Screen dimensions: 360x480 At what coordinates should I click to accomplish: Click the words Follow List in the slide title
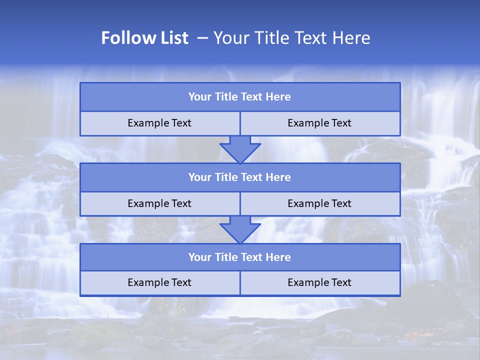[144, 38]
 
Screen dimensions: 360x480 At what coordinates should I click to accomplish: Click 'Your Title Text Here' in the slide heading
[291, 38]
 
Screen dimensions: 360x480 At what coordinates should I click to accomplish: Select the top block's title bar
[240, 97]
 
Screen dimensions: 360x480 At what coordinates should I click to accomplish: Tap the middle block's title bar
[240, 177]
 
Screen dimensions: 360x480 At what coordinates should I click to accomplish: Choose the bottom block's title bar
[240, 257]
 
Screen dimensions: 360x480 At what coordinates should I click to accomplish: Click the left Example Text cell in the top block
[159, 123]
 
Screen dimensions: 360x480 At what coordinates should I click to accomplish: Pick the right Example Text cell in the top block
[319, 123]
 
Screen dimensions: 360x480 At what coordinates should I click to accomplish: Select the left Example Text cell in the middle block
[159, 203]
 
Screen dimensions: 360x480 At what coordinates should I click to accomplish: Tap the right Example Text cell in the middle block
[319, 203]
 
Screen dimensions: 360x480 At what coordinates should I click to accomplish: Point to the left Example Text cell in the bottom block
[159, 282]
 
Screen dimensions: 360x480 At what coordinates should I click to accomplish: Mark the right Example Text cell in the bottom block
[319, 282]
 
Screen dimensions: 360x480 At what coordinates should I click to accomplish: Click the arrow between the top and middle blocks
[240, 149]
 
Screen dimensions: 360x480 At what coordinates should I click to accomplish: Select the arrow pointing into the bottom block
[240, 229]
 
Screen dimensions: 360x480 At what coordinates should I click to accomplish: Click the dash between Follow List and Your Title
[203, 38]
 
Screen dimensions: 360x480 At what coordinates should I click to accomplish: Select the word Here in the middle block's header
[278, 177]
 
